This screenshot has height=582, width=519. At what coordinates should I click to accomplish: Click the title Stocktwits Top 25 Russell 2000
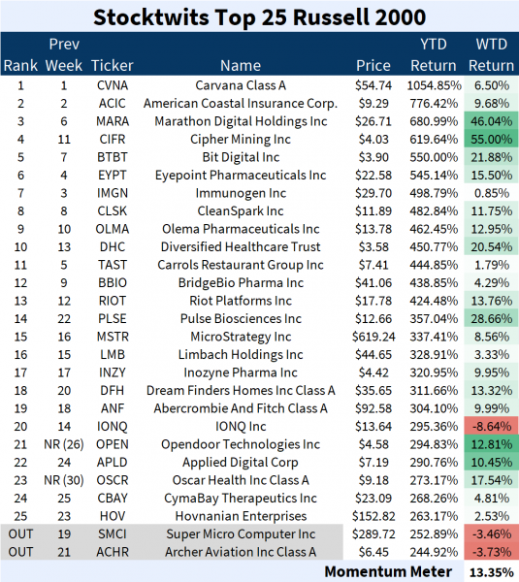click(x=259, y=16)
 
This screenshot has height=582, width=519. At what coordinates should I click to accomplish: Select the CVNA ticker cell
click(x=113, y=85)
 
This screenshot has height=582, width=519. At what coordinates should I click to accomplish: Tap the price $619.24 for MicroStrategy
click(x=373, y=337)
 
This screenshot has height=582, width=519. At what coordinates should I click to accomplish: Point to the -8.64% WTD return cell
click(x=491, y=426)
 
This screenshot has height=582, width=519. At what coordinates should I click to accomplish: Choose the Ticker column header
click(x=113, y=65)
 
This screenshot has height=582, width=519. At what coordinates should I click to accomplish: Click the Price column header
click(x=373, y=65)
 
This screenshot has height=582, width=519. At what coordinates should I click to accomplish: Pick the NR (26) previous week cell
click(x=65, y=444)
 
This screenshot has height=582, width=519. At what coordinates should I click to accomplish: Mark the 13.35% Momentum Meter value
click(x=491, y=570)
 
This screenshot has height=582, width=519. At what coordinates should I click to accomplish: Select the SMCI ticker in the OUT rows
click(x=113, y=533)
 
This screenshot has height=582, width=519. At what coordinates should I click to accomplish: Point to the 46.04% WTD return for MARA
click(x=491, y=121)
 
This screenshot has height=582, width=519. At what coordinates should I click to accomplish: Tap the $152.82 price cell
click(x=373, y=516)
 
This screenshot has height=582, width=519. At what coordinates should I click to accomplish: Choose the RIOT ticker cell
click(x=113, y=301)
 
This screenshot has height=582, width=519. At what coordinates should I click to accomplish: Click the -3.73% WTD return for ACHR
click(x=491, y=552)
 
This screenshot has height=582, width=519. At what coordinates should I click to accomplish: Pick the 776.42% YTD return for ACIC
click(x=432, y=103)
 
